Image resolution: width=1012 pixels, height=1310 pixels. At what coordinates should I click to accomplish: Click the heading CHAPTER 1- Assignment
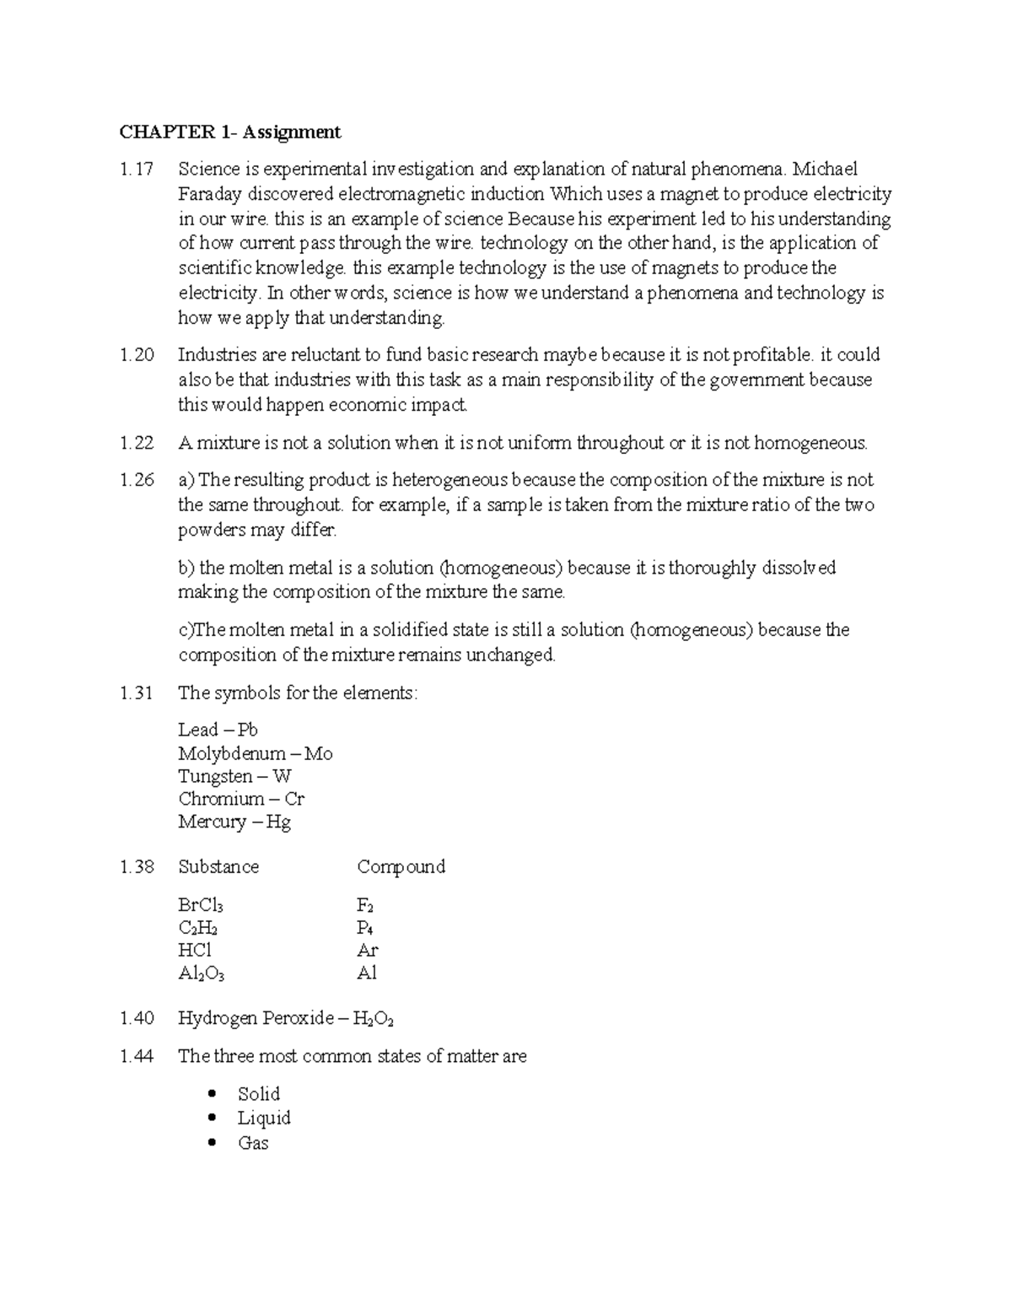pyautogui.click(x=229, y=132)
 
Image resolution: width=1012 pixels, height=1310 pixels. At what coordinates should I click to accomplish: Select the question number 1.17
pyautogui.click(x=137, y=170)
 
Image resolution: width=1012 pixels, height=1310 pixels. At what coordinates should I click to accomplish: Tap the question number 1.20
pyautogui.click(x=137, y=355)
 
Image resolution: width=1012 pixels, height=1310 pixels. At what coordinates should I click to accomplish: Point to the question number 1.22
pyautogui.click(x=137, y=443)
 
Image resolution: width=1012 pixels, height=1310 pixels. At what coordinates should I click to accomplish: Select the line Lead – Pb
pyautogui.click(x=218, y=730)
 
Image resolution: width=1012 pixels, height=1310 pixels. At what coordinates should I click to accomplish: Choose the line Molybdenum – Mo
pyautogui.click(x=255, y=753)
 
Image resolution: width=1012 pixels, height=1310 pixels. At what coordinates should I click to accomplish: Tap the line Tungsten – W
pyautogui.click(x=234, y=776)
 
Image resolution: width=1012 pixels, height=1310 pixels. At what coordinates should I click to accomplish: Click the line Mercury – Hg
pyautogui.click(x=234, y=822)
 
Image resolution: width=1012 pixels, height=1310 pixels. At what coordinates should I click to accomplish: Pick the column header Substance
pyautogui.click(x=218, y=867)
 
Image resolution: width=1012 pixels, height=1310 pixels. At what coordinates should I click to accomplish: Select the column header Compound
pyautogui.click(x=401, y=867)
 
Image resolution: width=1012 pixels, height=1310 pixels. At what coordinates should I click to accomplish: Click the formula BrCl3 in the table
pyautogui.click(x=201, y=906)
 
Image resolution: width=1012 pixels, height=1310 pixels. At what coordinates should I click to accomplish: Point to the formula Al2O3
pyautogui.click(x=201, y=973)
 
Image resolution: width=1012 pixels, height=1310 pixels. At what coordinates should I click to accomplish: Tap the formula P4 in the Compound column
pyautogui.click(x=365, y=928)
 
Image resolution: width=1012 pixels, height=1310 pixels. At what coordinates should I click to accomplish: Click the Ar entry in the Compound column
pyautogui.click(x=367, y=951)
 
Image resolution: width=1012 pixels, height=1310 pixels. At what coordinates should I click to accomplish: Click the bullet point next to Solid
pyautogui.click(x=212, y=1094)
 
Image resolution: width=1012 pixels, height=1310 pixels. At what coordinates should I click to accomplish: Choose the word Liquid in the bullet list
pyautogui.click(x=264, y=1119)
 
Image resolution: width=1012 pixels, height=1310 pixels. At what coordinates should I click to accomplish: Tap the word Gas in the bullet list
pyautogui.click(x=253, y=1143)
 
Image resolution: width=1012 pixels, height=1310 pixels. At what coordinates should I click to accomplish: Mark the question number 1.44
pyautogui.click(x=137, y=1056)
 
